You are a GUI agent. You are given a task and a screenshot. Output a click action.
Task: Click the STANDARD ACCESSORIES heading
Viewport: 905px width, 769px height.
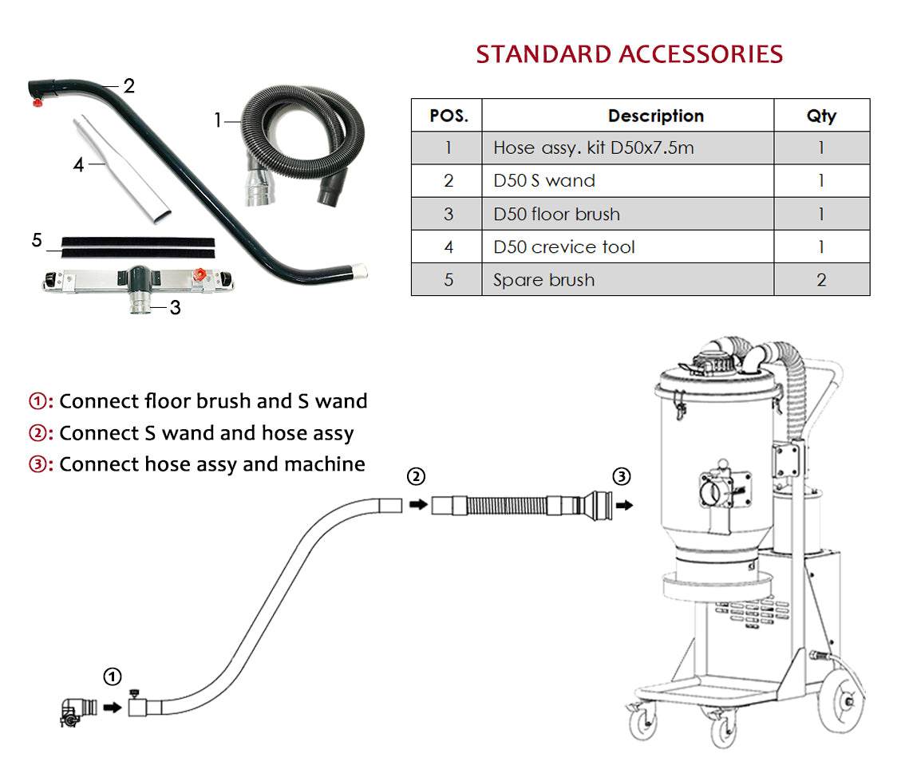point(629,54)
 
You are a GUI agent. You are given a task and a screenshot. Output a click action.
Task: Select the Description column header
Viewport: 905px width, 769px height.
point(655,116)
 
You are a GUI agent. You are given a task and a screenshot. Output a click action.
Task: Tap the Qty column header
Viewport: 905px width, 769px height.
point(820,116)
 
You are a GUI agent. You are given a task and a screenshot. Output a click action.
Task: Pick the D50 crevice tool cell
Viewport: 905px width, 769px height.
point(563,246)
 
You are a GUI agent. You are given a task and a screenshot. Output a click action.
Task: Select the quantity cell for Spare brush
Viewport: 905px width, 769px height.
point(820,280)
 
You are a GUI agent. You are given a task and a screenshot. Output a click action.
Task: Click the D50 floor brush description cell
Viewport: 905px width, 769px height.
point(556,214)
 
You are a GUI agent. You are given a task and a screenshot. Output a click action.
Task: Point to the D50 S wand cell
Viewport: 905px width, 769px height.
point(543,181)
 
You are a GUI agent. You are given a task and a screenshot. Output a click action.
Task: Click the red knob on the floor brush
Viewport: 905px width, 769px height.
point(203,275)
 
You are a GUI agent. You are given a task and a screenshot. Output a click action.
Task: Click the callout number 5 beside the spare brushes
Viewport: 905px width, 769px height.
point(37,240)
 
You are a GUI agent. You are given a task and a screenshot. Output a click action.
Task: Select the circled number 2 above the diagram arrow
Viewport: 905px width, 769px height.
point(416,477)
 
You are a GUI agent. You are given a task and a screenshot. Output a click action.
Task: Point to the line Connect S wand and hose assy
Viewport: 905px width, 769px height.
point(206,432)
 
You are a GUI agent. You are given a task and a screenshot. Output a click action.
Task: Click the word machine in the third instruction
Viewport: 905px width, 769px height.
point(329,463)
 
